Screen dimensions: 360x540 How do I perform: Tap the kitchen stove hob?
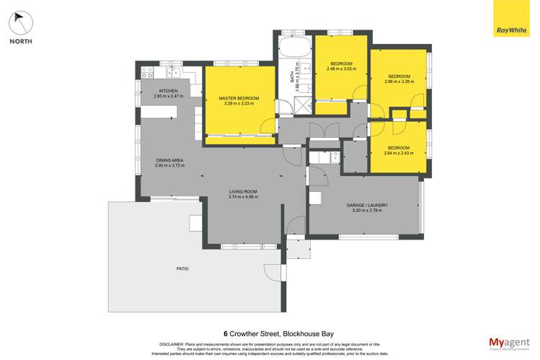tap(147, 71)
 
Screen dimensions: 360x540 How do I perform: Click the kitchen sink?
tap(173, 71)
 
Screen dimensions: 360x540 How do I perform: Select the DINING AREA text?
tap(170, 160)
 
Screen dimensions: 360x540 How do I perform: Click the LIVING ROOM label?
tap(242, 191)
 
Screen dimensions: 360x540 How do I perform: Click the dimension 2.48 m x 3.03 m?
tap(342, 69)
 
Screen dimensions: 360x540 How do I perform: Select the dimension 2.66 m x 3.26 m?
tap(399, 82)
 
